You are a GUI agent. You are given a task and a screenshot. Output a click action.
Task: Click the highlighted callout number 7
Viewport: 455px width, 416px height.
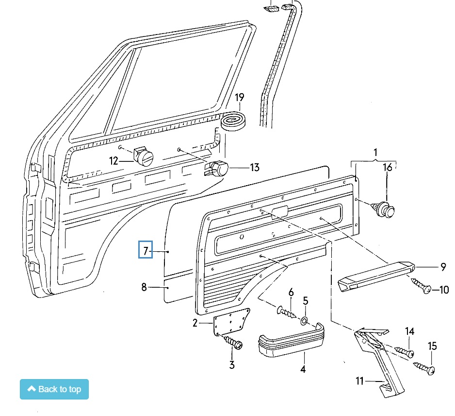(146, 250)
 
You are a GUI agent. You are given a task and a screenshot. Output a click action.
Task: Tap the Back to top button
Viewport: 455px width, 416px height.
(54, 389)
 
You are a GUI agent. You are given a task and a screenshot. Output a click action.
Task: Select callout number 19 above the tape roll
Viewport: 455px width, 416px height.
(239, 98)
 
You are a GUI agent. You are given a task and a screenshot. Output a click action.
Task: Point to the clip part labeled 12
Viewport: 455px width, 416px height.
(143, 156)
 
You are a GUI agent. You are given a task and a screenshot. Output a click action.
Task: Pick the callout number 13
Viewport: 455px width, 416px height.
(254, 168)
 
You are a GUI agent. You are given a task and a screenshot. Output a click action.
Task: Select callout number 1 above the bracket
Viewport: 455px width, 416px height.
(374, 153)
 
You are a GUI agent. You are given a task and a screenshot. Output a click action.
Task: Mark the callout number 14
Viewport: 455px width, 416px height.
(410, 331)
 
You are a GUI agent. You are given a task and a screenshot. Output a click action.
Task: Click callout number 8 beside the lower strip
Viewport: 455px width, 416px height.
(144, 287)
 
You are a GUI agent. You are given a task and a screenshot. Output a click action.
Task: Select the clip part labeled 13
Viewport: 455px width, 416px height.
(219, 168)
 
